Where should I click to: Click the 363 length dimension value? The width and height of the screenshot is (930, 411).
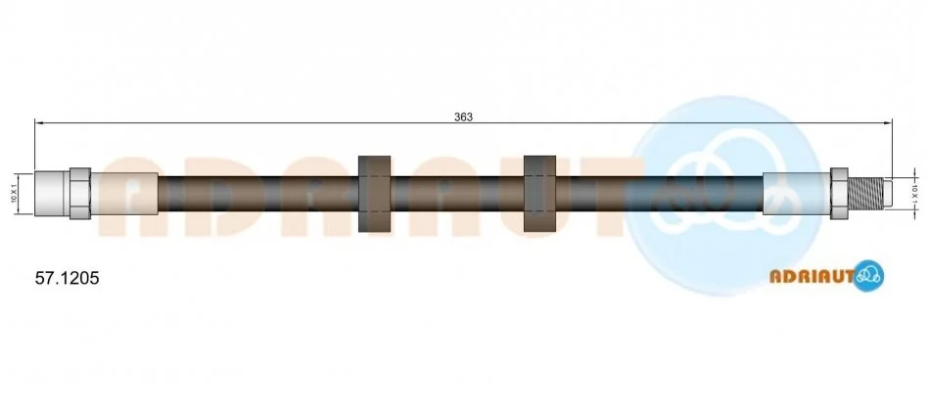click(x=463, y=117)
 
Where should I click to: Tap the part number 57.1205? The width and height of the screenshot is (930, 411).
click(x=67, y=278)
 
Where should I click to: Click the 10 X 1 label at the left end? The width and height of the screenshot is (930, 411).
click(x=13, y=194)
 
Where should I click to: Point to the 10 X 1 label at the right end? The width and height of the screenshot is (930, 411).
click(x=915, y=194)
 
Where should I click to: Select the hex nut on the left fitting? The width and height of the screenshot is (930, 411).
click(x=80, y=194)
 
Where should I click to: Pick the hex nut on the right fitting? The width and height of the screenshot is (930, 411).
click(x=839, y=194)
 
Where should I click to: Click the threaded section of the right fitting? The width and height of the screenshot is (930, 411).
click(x=866, y=194)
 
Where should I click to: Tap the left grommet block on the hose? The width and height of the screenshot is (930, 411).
click(x=375, y=194)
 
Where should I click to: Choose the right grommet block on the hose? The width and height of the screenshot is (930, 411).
click(x=539, y=194)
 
